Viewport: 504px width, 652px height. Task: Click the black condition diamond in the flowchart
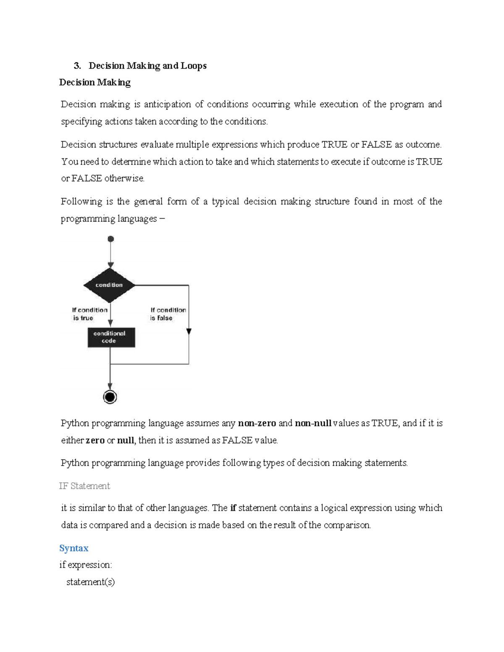[109, 285]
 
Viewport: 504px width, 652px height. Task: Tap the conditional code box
[111, 337]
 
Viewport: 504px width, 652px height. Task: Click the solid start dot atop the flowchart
[111, 239]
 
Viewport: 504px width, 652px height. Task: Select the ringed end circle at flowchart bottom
[110, 397]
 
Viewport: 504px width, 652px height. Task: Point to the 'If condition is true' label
[89, 314]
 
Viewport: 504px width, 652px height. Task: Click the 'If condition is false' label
[168, 314]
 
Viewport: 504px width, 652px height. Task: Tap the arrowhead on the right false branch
[189, 332]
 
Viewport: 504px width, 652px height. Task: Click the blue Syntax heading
[74, 548]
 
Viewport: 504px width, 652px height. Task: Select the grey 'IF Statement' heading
[84, 486]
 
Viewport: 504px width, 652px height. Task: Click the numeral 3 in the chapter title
[76, 66]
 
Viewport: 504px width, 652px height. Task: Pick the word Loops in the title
[194, 66]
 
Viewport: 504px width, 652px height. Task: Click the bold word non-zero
[257, 423]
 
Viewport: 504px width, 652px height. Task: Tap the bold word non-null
[313, 423]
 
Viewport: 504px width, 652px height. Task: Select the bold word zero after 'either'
[95, 440]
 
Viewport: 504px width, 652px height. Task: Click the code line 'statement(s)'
[90, 582]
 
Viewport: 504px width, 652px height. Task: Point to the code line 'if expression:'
[86, 565]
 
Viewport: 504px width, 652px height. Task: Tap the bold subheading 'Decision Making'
[95, 82]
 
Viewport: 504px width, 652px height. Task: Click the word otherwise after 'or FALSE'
[124, 178]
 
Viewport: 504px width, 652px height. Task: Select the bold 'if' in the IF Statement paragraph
[233, 508]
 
